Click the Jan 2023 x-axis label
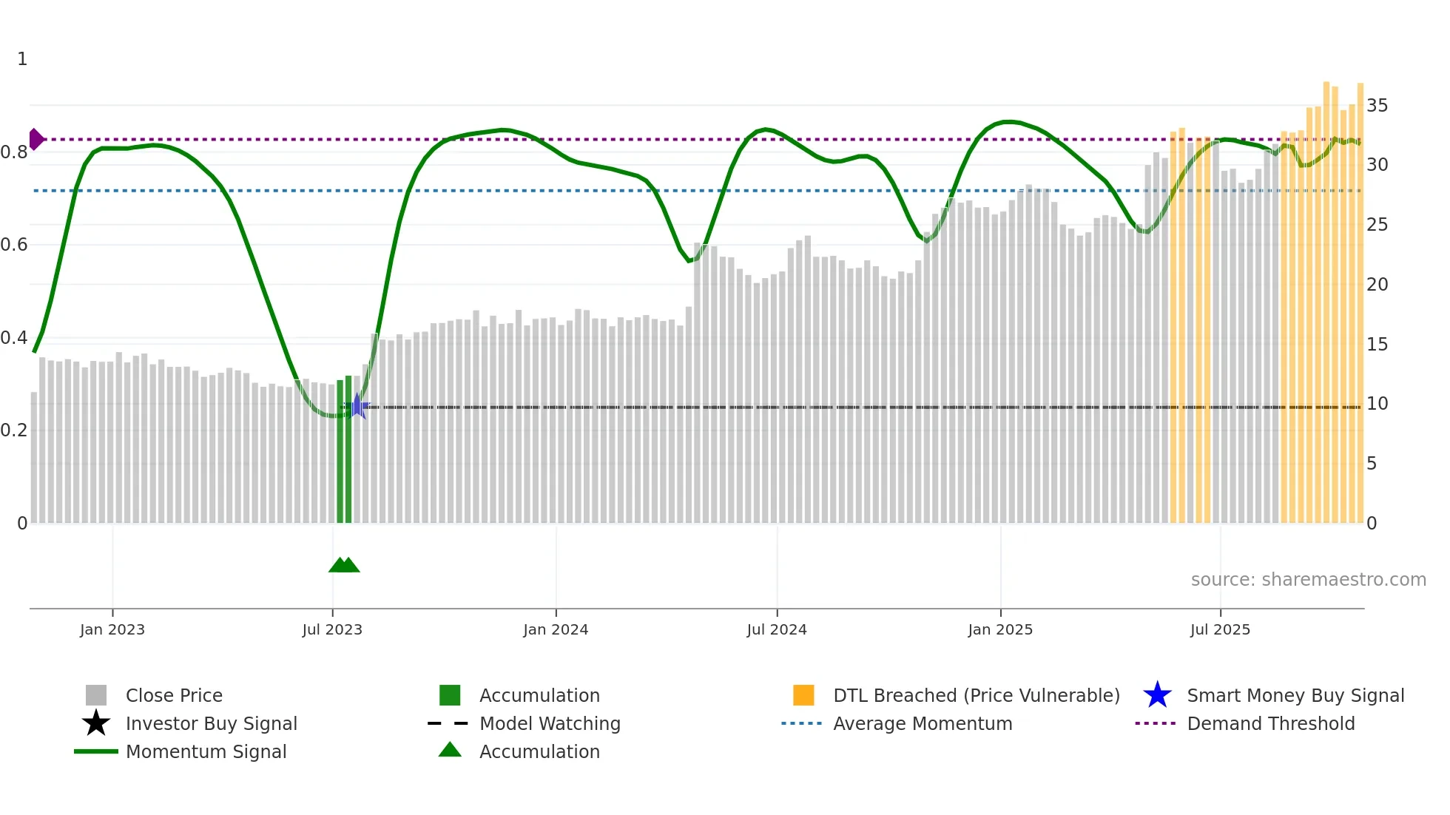(x=112, y=629)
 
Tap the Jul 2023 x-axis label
(x=332, y=629)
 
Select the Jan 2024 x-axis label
(x=556, y=629)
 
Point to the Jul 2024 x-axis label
(x=777, y=629)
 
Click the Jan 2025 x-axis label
(x=1000, y=629)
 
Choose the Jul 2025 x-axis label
(x=1220, y=629)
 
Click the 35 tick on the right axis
(x=1377, y=106)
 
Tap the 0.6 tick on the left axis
(x=14, y=245)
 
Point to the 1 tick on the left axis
(x=22, y=59)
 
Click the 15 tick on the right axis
(x=1377, y=345)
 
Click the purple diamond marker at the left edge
(x=36, y=139)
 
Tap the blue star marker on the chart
(x=357, y=406)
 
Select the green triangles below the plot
(x=344, y=565)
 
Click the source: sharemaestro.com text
(x=1308, y=580)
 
